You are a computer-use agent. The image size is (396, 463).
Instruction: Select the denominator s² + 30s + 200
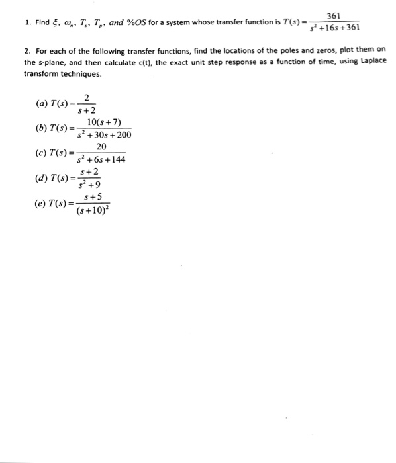point(104,136)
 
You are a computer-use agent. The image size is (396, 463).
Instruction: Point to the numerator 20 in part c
point(101,147)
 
